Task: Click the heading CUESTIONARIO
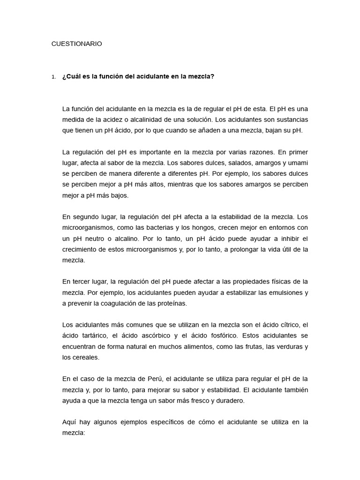(76, 44)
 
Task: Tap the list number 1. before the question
(54, 77)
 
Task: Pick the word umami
(298, 162)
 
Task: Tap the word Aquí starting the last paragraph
(69, 422)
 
